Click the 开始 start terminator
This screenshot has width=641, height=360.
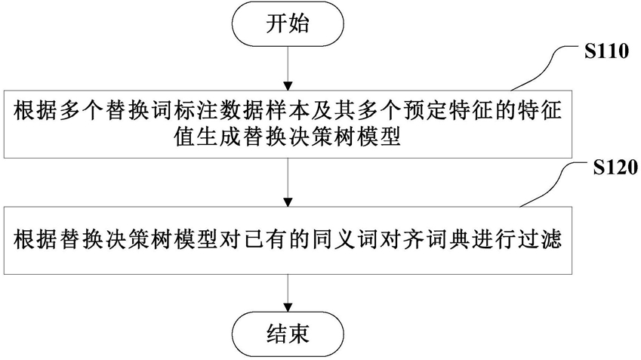point(288,23)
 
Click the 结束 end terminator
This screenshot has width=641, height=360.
point(288,333)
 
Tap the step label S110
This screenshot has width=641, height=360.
point(606,52)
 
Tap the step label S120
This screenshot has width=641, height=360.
point(615,168)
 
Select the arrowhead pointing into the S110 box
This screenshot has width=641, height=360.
point(288,86)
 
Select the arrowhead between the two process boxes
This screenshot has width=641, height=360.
point(288,202)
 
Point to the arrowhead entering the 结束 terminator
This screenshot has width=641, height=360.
point(288,307)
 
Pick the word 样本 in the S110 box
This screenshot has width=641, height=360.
point(288,111)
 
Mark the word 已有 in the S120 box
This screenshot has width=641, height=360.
point(266,240)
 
